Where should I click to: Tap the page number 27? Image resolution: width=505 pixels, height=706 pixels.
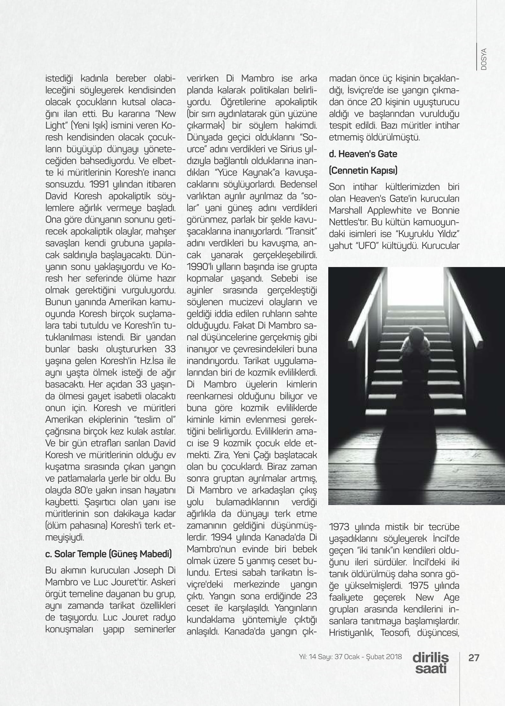pos(473,658)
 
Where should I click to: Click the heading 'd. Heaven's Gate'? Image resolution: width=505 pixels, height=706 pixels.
pos(363,154)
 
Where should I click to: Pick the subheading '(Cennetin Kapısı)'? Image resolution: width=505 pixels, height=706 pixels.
pos(363,171)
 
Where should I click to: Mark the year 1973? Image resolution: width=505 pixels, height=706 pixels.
pos(342,527)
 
